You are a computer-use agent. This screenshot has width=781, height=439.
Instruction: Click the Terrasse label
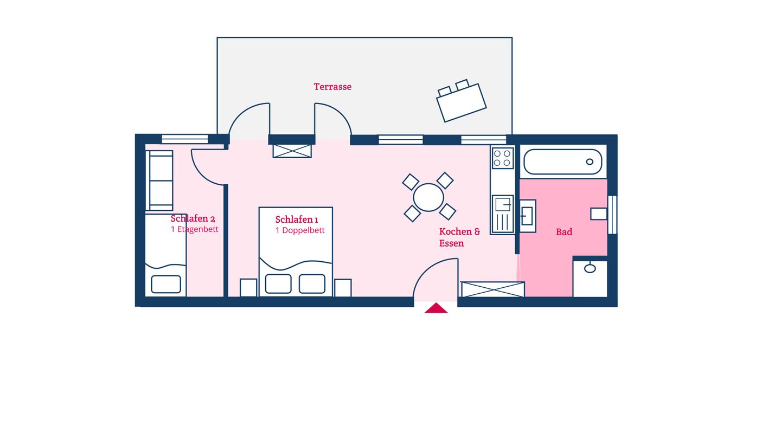coord(332,87)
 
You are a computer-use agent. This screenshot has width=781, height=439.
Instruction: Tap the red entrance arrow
coord(436,308)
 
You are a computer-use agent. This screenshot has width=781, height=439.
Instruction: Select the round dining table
coord(428,197)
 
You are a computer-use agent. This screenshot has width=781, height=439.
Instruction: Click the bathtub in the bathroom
coord(563,162)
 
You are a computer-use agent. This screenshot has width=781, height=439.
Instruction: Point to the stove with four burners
coord(502,158)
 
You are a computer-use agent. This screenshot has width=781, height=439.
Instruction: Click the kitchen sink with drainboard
coord(502,214)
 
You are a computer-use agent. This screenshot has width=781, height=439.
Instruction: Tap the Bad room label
coord(564,232)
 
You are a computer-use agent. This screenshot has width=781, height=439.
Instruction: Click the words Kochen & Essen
coord(459,237)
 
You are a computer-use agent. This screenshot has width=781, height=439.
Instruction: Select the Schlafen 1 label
coord(296,220)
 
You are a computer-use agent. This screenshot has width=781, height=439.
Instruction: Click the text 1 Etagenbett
coord(195,229)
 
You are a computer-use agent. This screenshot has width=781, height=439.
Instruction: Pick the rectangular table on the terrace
coord(461,103)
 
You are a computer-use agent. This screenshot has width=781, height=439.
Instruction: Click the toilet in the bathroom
coord(599,214)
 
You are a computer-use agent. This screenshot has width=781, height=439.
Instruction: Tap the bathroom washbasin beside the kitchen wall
coord(528,216)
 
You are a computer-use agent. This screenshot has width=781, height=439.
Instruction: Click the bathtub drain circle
coord(590,162)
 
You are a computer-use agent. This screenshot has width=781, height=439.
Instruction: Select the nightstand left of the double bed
coord(248,288)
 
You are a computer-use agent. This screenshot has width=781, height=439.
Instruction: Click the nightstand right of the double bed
coord(343,288)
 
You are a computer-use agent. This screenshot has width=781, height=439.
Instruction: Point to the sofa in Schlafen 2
coord(159,180)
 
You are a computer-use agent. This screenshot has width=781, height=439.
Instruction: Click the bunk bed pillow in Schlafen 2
coord(166,285)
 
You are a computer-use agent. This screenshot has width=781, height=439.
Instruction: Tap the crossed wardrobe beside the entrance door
coord(492,289)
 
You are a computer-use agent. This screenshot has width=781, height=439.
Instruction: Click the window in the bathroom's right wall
coord(612,215)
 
